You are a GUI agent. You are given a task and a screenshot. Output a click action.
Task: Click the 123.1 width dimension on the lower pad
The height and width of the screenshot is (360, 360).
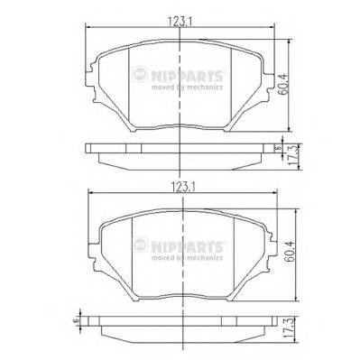pyautogui.click(x=183, y=189)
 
